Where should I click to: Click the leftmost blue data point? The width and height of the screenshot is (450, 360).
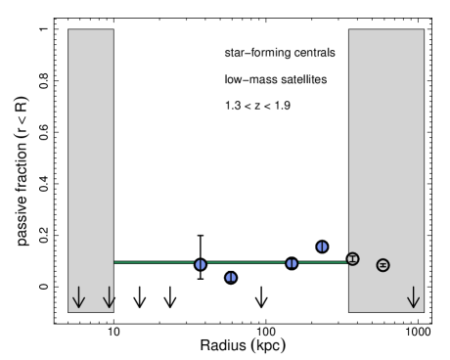pos(201,264)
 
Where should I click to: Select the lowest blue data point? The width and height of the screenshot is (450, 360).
pos(231,278)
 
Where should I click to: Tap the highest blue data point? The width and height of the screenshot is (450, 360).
pos(322,247)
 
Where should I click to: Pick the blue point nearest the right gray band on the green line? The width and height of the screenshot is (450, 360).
pos(292,263)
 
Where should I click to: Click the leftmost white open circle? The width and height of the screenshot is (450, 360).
pos(140,287)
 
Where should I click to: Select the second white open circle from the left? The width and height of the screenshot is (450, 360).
pos(170,287)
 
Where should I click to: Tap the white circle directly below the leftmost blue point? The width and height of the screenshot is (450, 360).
pos(201,287)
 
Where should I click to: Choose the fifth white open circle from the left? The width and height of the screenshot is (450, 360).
pos(261,287)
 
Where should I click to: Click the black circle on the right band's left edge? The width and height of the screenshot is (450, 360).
pos(353,259)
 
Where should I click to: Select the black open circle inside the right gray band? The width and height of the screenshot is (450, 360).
pos(382,265)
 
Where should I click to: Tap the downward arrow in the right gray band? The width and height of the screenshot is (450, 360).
pos(413,297)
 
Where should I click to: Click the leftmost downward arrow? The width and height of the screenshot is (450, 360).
pos(78,297)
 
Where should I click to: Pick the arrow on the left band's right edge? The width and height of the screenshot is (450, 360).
pos(109,297)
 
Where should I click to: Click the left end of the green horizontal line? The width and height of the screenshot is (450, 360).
pos(115,262)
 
